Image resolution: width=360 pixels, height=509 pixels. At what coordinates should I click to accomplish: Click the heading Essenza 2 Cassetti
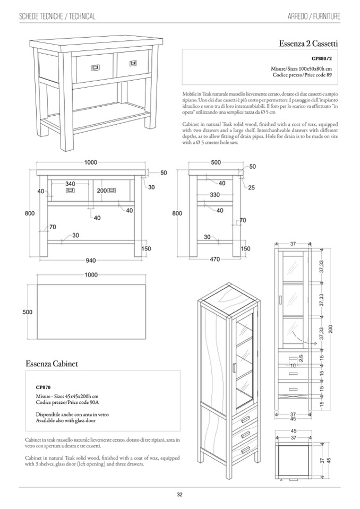[308, 42]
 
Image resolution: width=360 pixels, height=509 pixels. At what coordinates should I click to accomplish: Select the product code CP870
[43, 388]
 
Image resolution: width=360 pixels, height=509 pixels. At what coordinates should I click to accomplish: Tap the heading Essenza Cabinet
[52, 364]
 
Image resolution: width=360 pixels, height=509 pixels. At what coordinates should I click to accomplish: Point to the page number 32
[179, 495]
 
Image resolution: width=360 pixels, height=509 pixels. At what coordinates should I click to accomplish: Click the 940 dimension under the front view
[92, 260]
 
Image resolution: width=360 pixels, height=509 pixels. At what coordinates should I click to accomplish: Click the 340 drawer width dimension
[70, 183]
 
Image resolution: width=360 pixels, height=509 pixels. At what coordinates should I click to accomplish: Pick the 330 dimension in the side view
[215, 195]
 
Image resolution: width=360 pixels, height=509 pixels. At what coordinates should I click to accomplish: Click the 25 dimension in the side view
[251, 188]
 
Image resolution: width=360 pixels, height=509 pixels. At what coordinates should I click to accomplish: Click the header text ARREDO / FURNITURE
[310, 17]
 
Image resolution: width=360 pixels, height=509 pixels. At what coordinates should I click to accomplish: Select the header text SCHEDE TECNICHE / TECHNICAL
[57, 17]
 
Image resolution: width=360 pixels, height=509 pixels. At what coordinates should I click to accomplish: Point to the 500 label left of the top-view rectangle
[28, 312]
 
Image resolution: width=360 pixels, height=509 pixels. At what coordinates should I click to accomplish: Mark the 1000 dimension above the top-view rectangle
[91, 274]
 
